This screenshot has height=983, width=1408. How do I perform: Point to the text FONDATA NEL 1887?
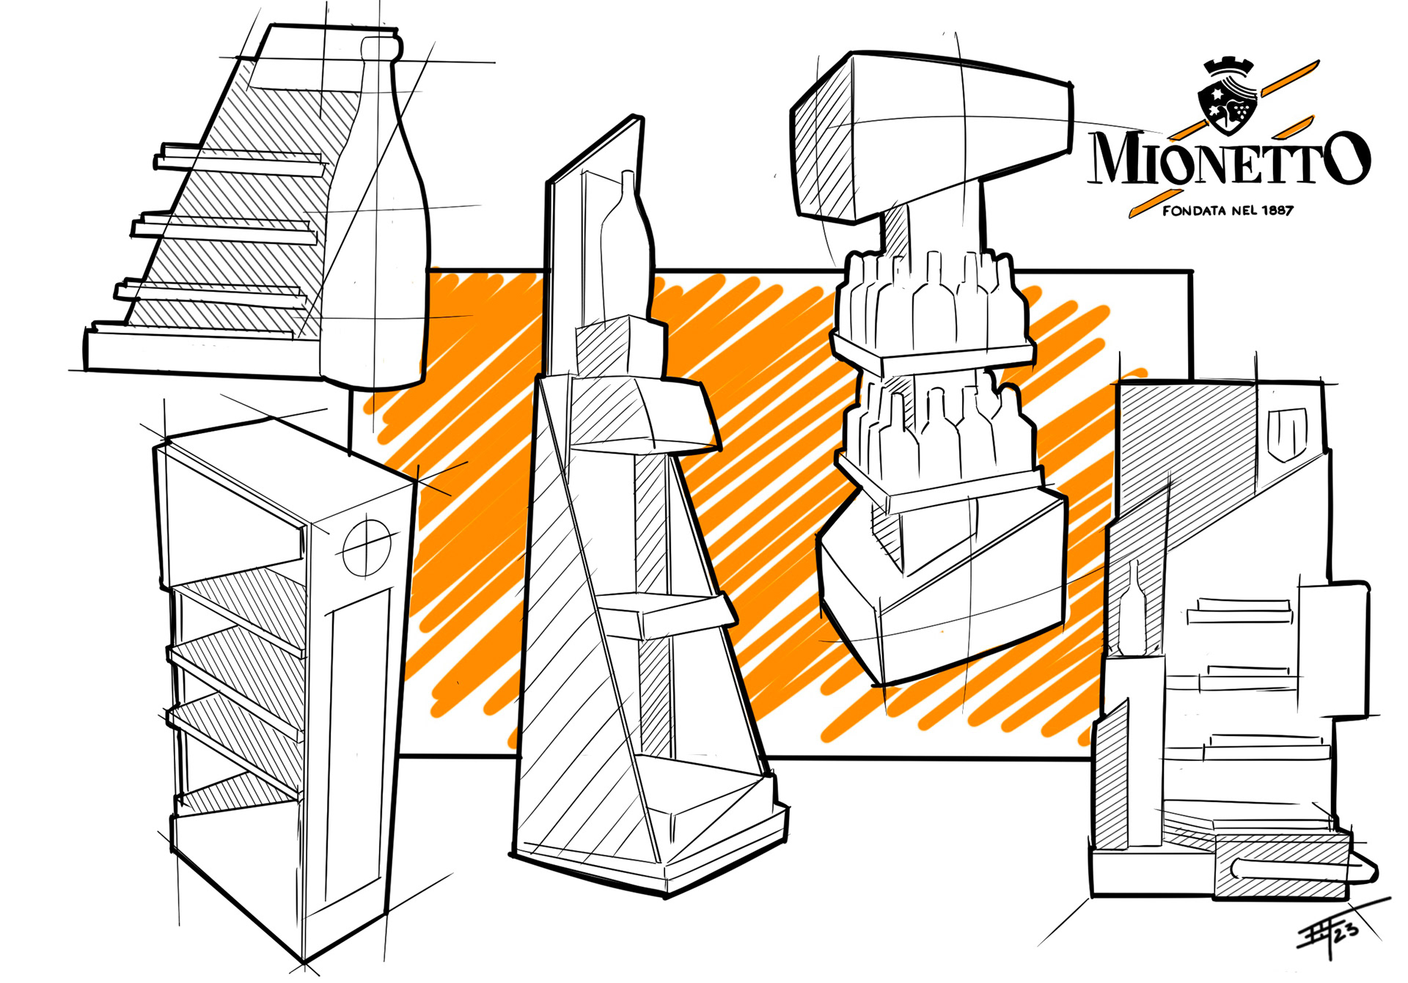coord(1228,211)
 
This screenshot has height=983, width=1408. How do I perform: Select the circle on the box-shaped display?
coord(367,548)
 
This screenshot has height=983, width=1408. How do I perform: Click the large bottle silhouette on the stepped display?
coord(374,235)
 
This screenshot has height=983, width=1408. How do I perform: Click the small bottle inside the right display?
coord(1133,608)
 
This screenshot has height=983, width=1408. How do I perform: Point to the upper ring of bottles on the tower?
coord(931,301)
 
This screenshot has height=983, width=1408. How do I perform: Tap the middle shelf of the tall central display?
coord(667,612)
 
